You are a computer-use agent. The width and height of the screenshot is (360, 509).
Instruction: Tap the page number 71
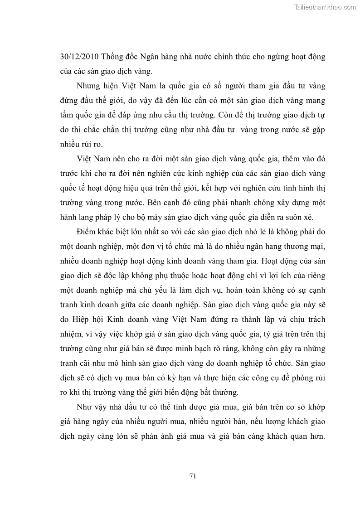tap(192, 475)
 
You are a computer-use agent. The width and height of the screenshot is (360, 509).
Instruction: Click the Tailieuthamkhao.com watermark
tap(326, 7)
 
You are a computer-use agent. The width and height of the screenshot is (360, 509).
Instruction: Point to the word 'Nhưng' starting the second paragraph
tap(89, 86)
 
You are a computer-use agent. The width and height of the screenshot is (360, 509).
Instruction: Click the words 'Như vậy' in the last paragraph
tap(91, 407)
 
